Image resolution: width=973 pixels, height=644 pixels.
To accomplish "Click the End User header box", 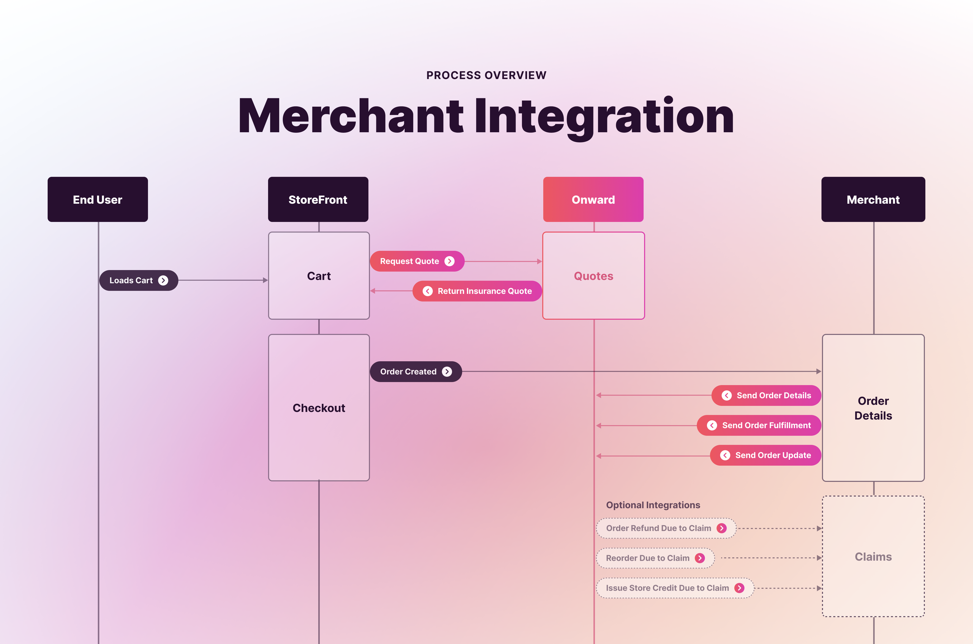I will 98,200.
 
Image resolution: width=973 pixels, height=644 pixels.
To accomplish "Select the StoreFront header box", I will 318,200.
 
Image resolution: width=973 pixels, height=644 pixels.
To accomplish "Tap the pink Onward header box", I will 593,200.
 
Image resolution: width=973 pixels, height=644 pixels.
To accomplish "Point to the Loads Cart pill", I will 138,280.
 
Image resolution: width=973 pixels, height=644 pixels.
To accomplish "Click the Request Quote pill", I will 417,261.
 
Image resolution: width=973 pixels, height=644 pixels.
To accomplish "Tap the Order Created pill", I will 416,372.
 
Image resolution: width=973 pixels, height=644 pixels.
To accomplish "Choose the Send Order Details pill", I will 766,395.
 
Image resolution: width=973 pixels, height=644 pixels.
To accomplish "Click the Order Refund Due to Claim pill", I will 666,528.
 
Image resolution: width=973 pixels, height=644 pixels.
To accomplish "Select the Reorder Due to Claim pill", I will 655,558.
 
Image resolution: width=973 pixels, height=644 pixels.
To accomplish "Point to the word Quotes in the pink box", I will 593,276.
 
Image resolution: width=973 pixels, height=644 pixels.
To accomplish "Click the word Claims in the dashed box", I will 873,557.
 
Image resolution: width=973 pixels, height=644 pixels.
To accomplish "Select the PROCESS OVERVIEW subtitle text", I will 486,75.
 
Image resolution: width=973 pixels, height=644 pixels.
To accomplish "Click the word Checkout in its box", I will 319,408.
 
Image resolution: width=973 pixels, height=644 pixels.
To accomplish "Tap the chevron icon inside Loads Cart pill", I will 163,280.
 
